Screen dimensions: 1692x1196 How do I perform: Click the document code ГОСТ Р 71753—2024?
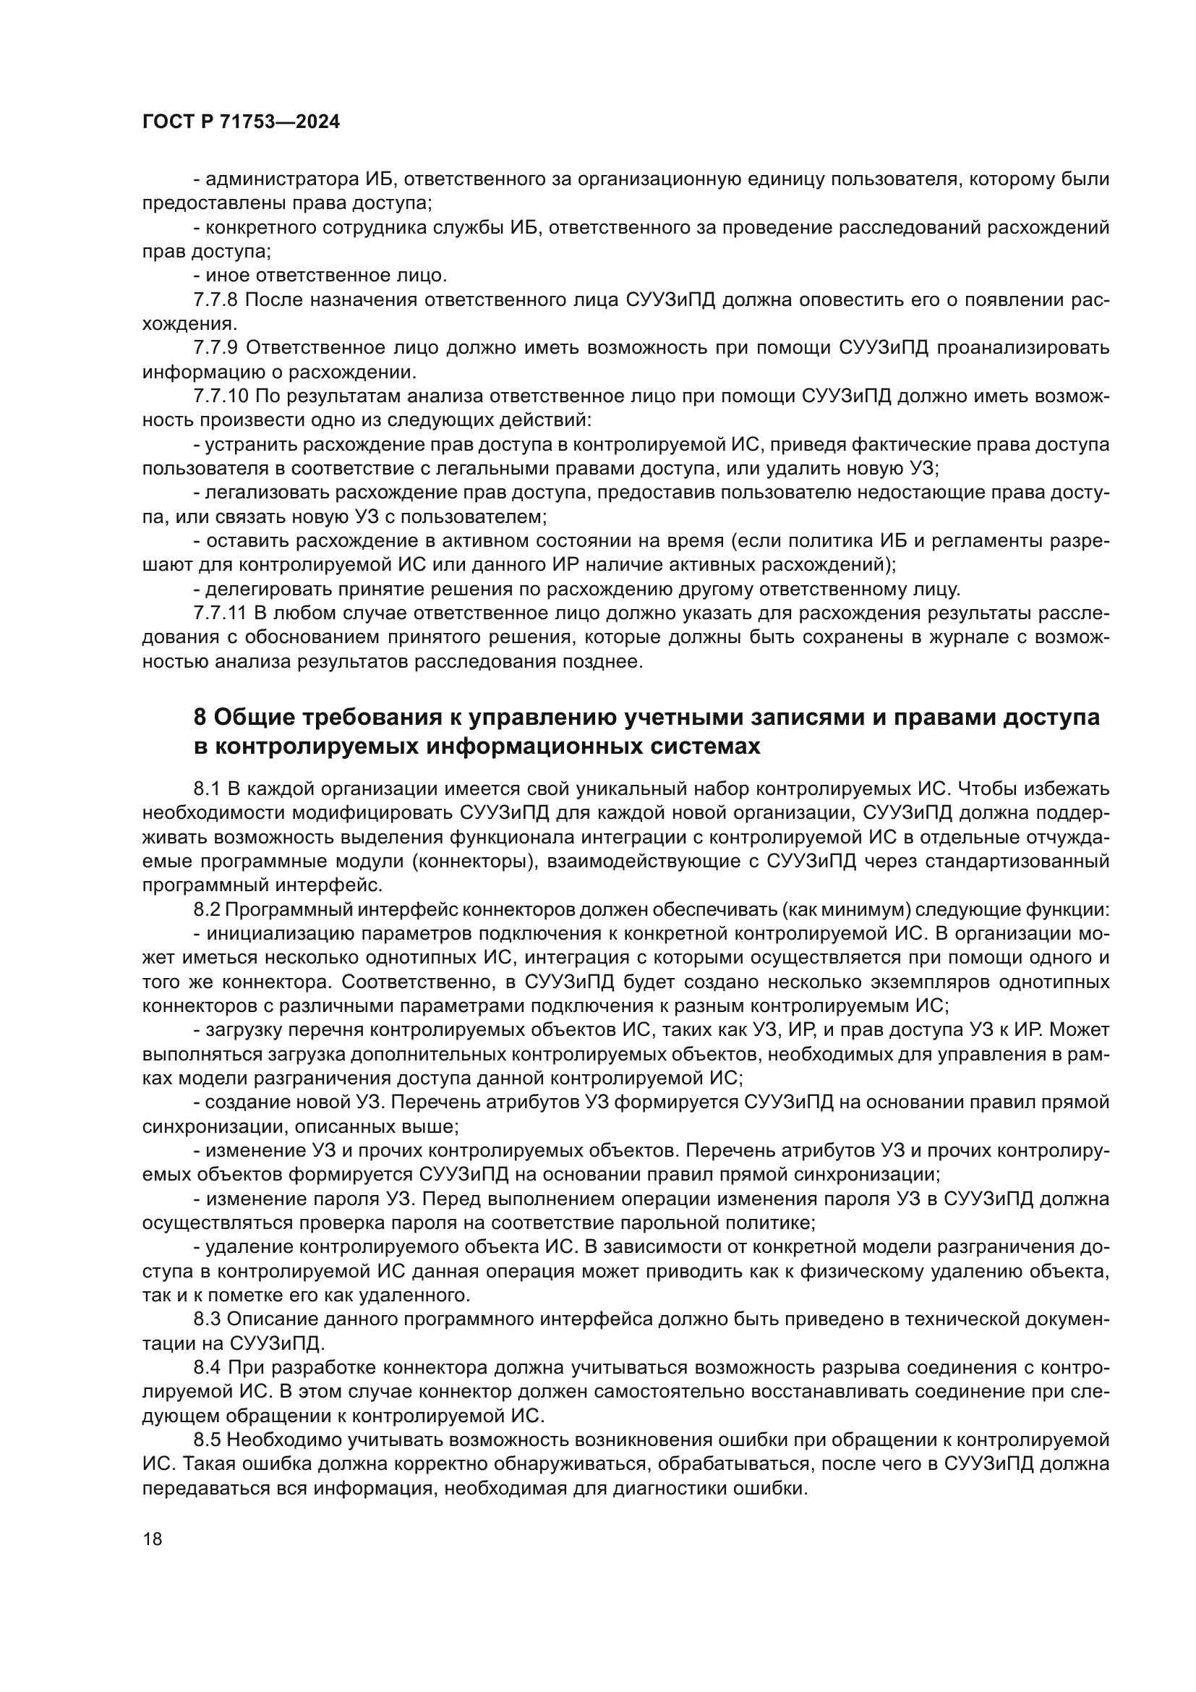coord(241,122)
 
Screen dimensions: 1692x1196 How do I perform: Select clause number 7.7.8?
coord(215,300)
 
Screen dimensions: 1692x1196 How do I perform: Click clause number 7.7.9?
coord(215,348)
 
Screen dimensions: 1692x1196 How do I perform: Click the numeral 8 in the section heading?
coord(200,717)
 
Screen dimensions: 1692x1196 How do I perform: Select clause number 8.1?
coord(207,789)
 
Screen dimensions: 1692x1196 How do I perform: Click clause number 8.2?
coord(207,910)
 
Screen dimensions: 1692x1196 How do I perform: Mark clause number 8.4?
coord(208,1368)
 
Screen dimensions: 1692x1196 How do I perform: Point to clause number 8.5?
coord(207,1440)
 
